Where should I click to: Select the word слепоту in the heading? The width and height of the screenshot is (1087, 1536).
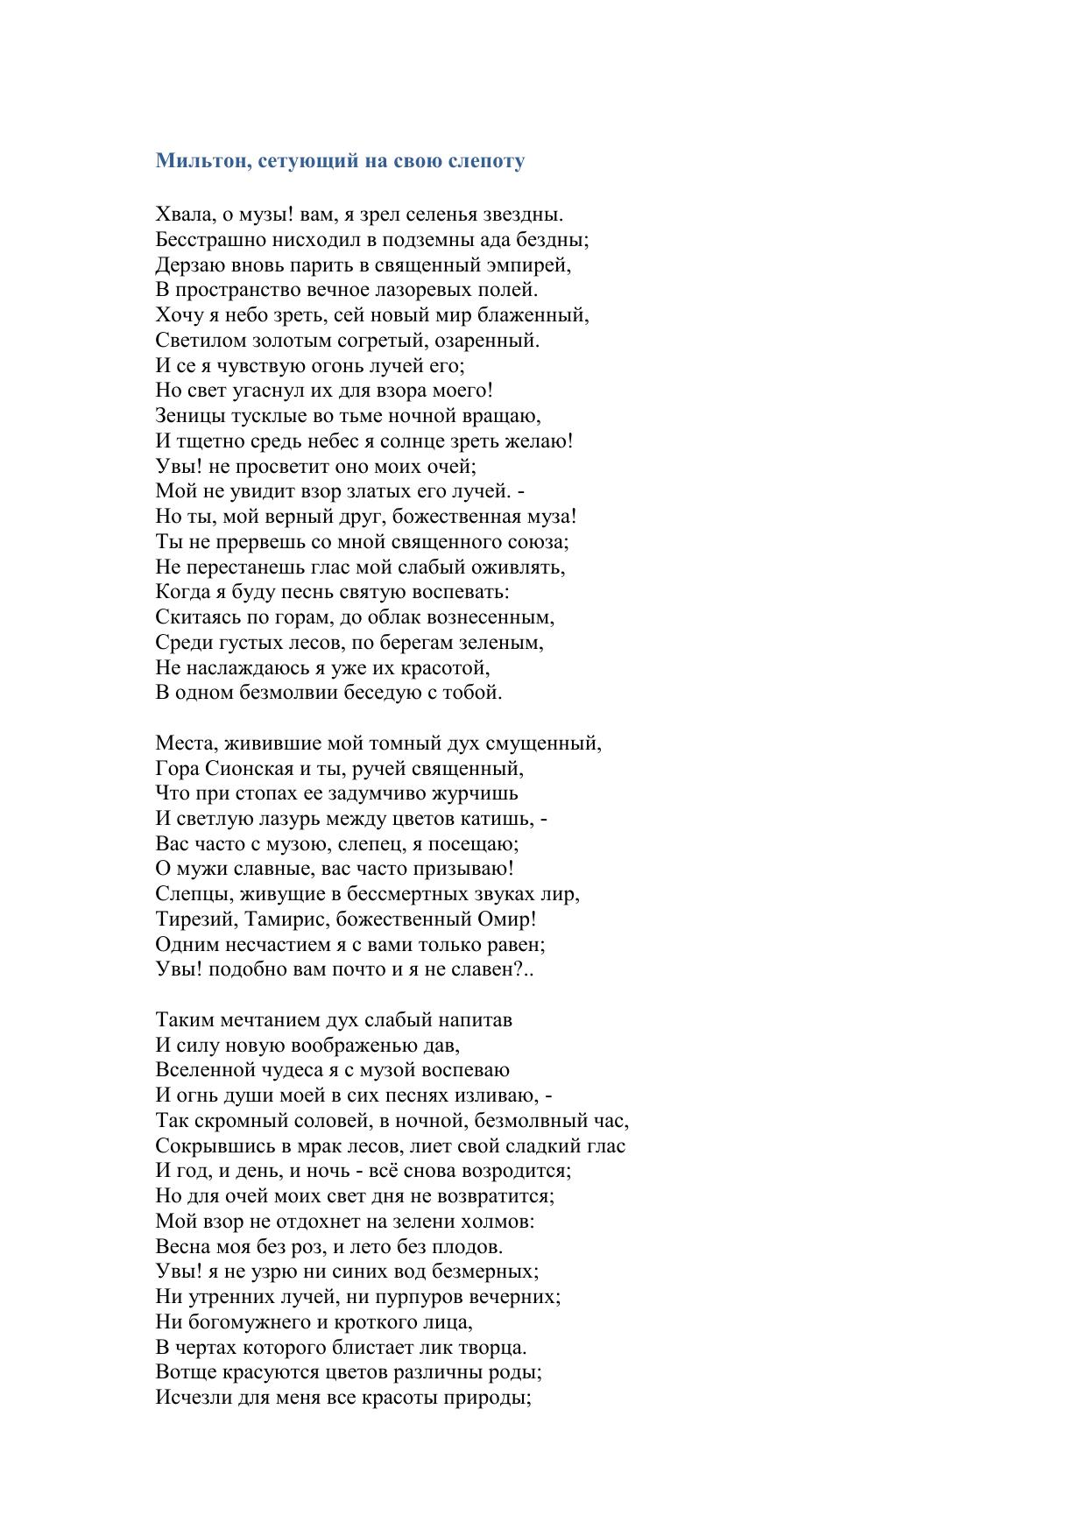(x=486, y=161)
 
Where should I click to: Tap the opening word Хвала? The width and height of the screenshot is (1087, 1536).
(x=181, y=215)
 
